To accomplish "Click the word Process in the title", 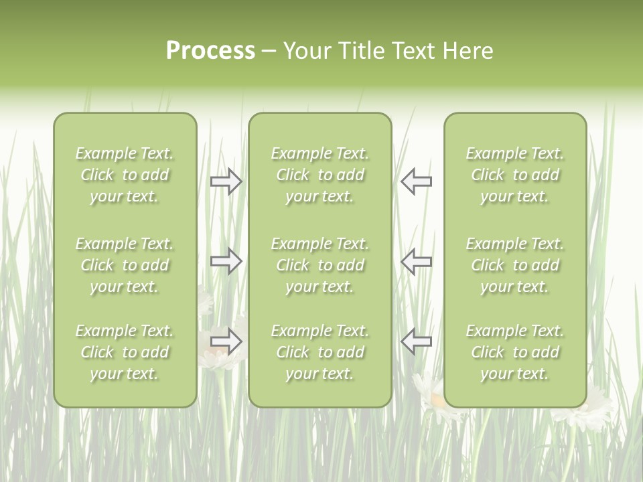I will coord(210,51).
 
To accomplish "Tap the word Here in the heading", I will coord(468,51).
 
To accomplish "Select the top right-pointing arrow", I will coord(226,181).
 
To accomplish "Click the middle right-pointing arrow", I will coord(226,261).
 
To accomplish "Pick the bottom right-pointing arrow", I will coord(226,341).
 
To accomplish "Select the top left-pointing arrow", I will coord(416,181).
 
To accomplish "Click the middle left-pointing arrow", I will coord(416,261).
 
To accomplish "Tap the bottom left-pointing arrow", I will coord(416,341).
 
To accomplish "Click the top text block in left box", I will coord(125,175).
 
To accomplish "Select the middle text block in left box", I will coord(125,265).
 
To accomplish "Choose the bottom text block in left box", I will coord(125,352).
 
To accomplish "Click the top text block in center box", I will coord(320,175).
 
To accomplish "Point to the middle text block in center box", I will coord(320,265).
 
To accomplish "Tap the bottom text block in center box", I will coord(320,352).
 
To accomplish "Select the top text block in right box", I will coord(515,175).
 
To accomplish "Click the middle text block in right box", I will coord(515,265).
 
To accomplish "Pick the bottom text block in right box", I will coord(515,352).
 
